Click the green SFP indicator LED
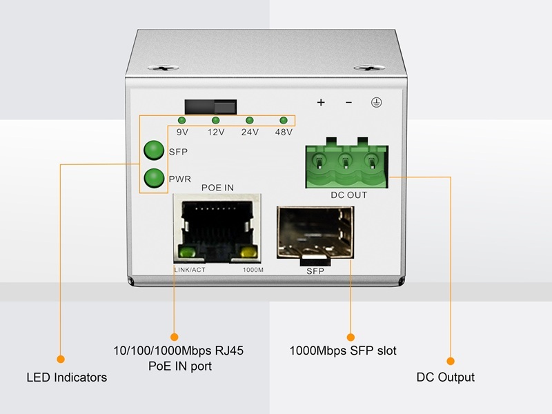coord(153,150)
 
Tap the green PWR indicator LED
coord(153,178)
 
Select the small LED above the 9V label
coord(182,121)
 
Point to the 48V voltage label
coord(284,132)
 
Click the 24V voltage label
coord(250,132)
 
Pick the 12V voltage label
coord(216,132)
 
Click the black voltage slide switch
coord(210,107)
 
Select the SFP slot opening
coord(314,235)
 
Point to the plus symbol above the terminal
coord(320,103)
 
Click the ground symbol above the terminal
coord(377,103)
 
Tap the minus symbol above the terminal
coord(348,103)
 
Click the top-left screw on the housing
coord(164,68)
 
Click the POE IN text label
coord(217,188)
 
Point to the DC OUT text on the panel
coord(348,195)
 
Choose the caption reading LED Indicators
coord(66,377)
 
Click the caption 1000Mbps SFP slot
coord(343,351)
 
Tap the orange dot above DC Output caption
coord(451,360)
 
